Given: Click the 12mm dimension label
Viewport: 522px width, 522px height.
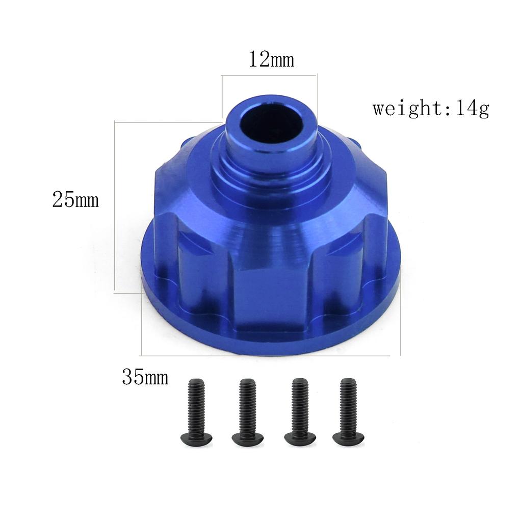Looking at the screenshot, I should [x=271, y=60].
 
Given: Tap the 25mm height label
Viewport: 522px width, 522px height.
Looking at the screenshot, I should [x=75, y=200].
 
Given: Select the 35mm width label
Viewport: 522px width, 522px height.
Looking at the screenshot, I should [x=145, y=378].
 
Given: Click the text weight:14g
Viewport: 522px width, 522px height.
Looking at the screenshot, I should [x=431, y=109].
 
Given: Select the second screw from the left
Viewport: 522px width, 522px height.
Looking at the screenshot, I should [x=248, y=410].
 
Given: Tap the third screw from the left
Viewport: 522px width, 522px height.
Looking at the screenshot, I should [x=300, y=410].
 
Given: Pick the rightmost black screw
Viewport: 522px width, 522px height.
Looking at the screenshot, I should [x=349, y=410].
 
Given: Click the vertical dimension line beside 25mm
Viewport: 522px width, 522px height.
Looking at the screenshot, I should [x=115, y=206].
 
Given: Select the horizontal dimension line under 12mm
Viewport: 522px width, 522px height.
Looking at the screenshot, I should [x=270, y=75].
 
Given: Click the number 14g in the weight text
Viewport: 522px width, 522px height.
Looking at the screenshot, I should [x=473, y=109].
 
